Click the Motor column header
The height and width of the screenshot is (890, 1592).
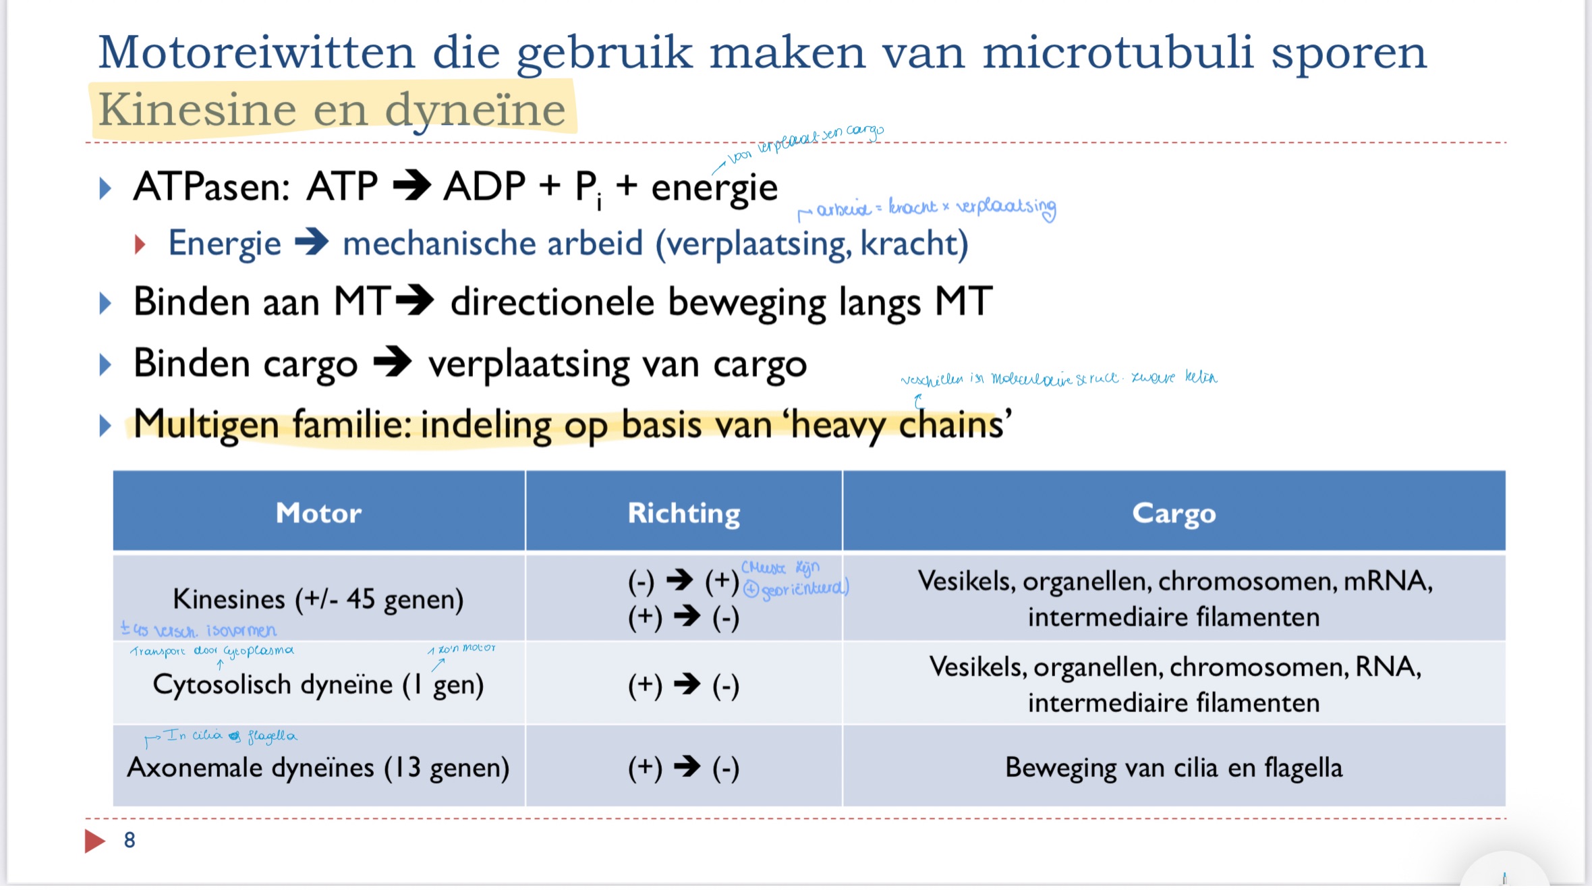coord(318,513)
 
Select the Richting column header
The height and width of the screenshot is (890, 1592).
coord(683,513)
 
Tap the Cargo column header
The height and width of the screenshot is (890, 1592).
coord(1174,513)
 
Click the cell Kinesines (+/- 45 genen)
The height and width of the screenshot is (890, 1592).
coord(318,599)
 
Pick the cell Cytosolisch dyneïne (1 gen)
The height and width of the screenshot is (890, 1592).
coord(318,684)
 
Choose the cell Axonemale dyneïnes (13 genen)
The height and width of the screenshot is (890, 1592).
coord(318,767)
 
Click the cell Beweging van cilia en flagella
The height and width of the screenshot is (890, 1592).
coord(1174,767)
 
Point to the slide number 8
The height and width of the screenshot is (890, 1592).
coord(130,840)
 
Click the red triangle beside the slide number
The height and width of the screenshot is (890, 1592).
coord(94,841)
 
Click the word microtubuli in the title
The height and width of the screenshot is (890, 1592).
coord(1117,52)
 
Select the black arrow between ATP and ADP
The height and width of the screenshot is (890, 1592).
coord(411,186)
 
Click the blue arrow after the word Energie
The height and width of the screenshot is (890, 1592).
coord(312,243)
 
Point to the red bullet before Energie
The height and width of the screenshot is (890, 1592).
coord(140,244)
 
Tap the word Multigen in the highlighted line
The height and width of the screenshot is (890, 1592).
coord(206,424)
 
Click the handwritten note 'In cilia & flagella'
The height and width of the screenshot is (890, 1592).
coord(229,736)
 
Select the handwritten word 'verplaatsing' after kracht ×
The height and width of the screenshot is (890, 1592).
coord(1006,206)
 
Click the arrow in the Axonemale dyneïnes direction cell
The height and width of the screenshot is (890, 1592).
coord(687,767)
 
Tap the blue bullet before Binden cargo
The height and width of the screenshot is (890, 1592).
coord(105,364)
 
